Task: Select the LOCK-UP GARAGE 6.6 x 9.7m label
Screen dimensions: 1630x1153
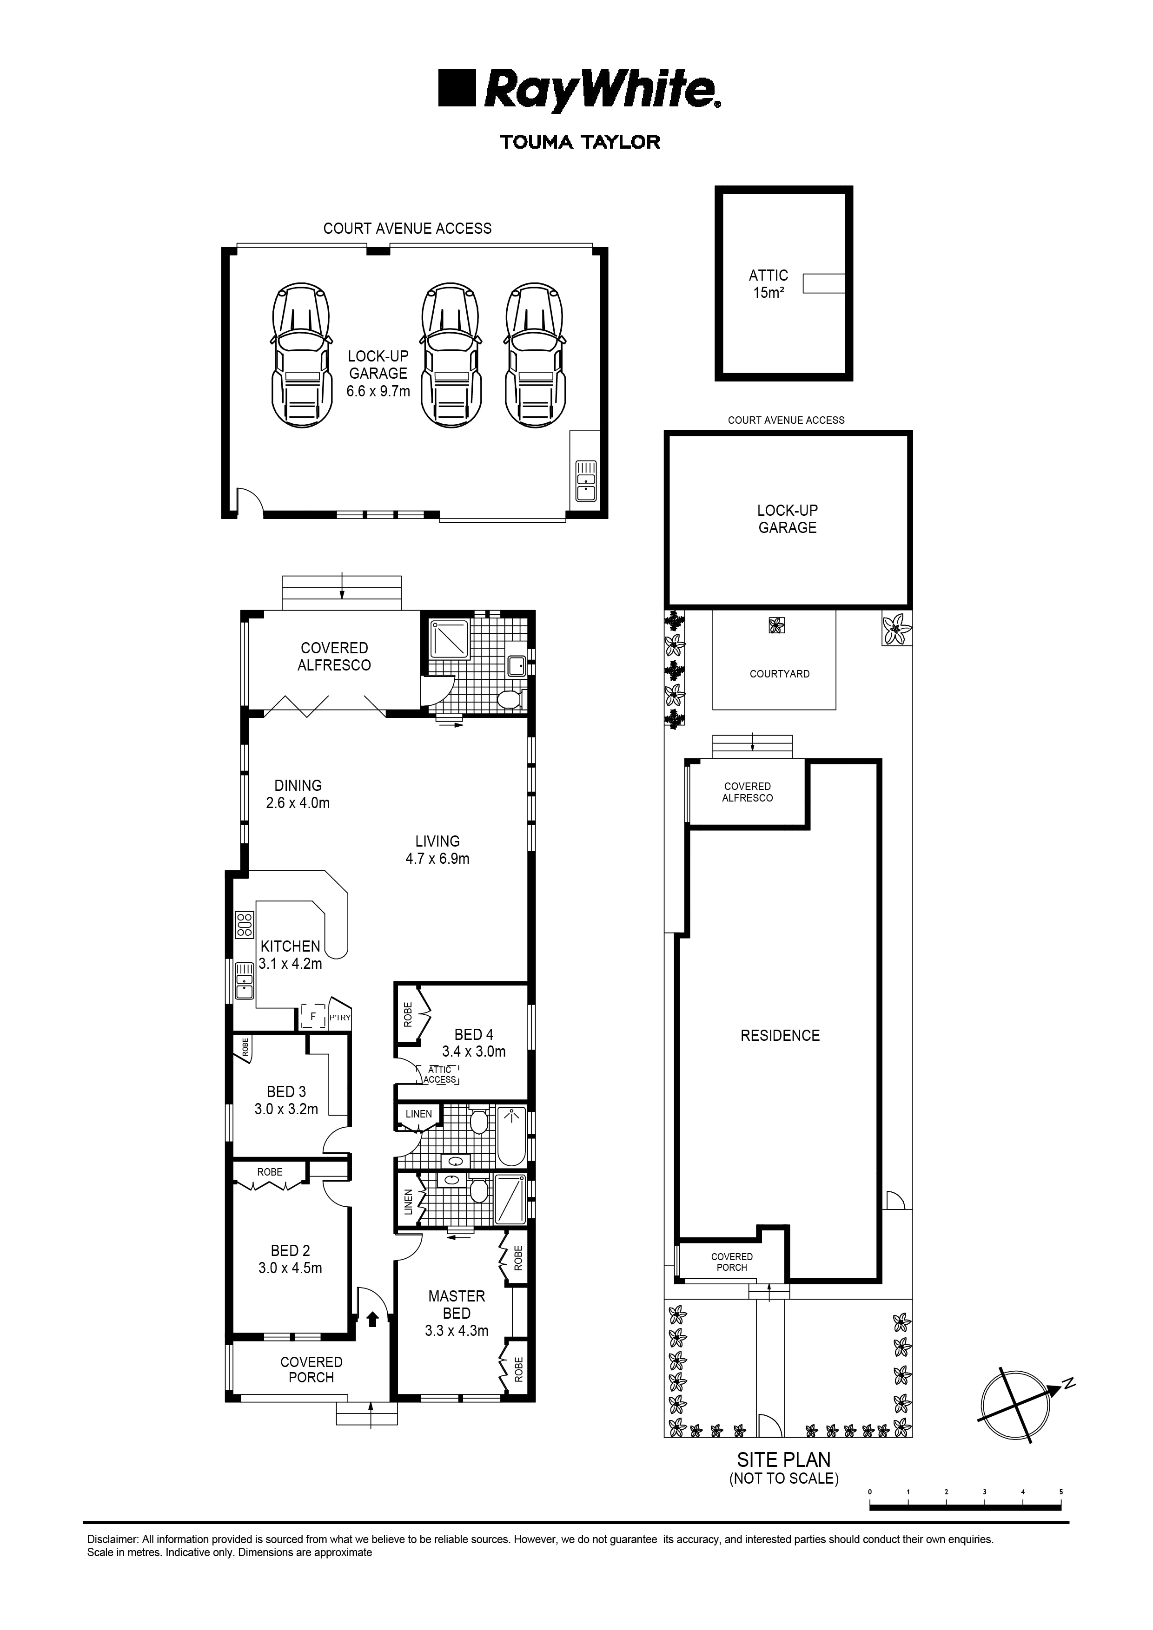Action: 378,374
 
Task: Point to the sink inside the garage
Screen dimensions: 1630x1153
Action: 585,480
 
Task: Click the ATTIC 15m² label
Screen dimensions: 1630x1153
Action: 768,283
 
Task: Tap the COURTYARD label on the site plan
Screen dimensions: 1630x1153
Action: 779,674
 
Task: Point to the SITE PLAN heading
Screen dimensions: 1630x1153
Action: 783,1459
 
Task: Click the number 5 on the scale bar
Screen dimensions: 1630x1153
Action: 1060,1492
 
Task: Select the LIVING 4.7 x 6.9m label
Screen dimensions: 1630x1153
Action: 437,850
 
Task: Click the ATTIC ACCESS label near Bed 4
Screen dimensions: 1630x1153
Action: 440,1074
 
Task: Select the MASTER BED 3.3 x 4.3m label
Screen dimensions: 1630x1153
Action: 456,1314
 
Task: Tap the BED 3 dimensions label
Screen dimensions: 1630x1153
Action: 286,1109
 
